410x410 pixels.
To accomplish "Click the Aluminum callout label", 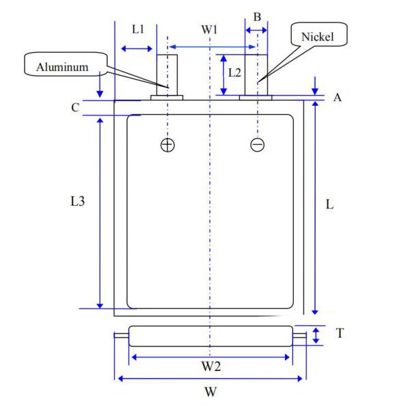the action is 62,67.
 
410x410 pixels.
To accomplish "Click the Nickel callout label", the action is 318,37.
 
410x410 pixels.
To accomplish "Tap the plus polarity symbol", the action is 167,145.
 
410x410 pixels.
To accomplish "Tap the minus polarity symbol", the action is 258,145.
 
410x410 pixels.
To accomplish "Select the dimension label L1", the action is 138,29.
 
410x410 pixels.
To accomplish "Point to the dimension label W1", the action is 209,30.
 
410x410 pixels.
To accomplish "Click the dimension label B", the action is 258,17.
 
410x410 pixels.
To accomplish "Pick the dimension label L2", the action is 234,72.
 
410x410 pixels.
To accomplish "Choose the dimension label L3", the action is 78,202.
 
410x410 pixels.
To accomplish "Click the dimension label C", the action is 75,107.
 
